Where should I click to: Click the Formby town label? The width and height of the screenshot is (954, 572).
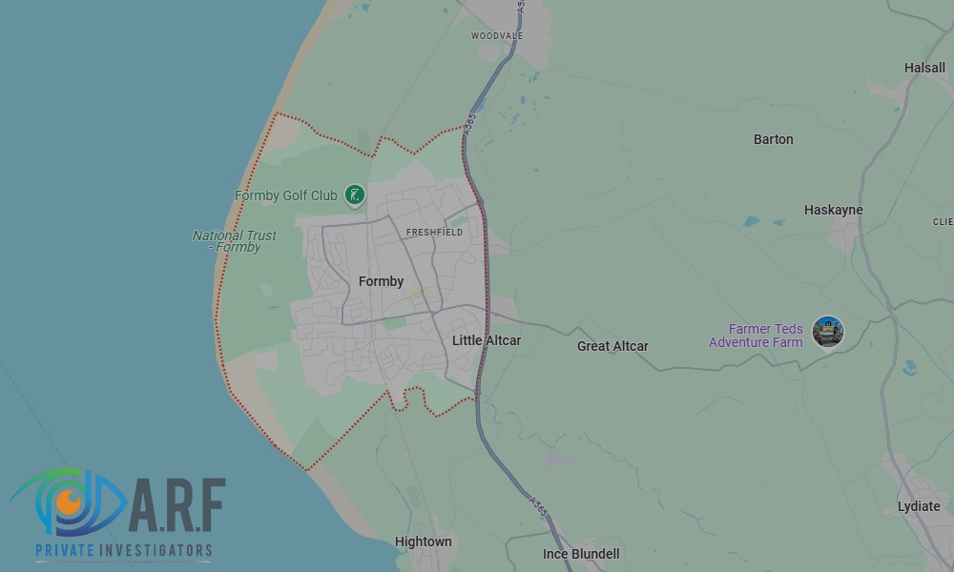(x=381, y=281)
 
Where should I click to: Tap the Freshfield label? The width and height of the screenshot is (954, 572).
(x=434, y=232)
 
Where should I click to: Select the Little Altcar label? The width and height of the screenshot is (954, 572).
(x=487, y=340)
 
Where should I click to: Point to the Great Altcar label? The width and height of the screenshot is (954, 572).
(x=612, y=346)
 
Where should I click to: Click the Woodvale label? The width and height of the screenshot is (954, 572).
(x=497, y=35)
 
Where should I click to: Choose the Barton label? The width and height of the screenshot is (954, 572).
(x=773, y=139)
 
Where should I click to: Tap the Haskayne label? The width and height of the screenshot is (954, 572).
(x=833, y=210)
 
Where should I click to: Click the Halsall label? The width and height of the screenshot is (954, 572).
(x=924, y=68)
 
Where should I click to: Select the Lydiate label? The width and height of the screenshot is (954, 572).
(x=919, y=506)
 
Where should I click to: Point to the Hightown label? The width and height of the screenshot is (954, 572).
(x=423, y=541)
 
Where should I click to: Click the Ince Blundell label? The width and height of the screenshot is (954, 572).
(x=581, y=554)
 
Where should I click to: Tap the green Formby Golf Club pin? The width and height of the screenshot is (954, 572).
(x=355, y=195)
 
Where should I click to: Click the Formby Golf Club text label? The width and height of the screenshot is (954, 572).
(x=286, y=195)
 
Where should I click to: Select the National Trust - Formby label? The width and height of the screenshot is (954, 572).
(x=235, y=241)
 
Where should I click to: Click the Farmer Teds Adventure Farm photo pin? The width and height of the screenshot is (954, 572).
(x=827, y=332)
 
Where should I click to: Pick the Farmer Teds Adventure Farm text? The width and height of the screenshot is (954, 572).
(x=756, y=336)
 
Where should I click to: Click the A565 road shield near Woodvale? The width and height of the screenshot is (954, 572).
(x=520, y=7)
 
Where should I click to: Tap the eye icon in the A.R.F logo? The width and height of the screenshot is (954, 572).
(x=67, y=500)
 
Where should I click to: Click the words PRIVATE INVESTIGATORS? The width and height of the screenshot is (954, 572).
(x=124, y=550)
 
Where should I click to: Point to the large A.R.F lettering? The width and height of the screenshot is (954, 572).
(x=177, y=506)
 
